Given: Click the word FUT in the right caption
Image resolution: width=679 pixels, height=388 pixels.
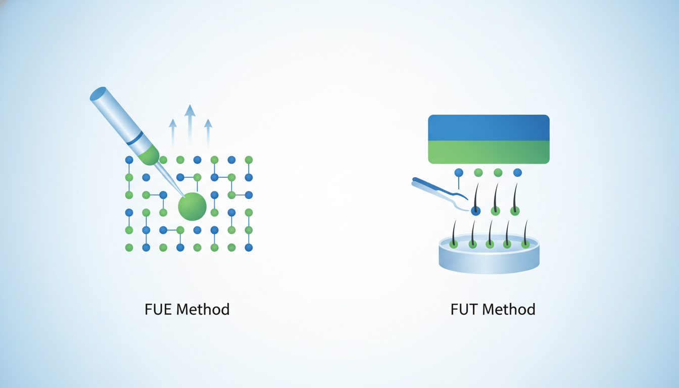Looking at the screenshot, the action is (x=464, y=310).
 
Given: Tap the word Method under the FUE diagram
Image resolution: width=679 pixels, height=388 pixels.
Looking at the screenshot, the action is (x=203, y=310).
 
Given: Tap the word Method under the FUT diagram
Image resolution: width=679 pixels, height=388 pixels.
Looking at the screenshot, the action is (x=509, y=310).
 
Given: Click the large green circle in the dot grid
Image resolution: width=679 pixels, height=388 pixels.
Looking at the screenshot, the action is (x=192, y=207).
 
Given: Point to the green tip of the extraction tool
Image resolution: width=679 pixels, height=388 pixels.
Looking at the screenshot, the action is (x=149, y=155).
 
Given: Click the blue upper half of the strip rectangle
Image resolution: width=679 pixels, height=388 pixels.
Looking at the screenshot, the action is (x=489, y=128).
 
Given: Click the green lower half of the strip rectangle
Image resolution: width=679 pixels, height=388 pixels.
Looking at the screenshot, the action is (x=489, y=152).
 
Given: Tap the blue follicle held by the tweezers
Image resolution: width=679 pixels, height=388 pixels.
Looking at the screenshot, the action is (x=475, y=211).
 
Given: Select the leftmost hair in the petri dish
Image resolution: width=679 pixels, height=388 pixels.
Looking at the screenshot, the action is (x=454, y=234).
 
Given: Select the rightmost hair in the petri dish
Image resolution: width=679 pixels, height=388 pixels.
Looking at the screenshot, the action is (x=525, y=234).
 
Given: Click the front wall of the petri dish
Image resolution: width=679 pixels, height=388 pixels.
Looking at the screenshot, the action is (x=489, y=262).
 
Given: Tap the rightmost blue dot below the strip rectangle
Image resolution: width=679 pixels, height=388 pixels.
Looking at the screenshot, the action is (x=517, y=173).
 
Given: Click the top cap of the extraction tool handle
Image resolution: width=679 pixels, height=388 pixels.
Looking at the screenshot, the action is (x=98, y=94).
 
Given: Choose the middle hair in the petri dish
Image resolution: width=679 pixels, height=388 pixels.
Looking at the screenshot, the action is (x=490, y=234).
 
